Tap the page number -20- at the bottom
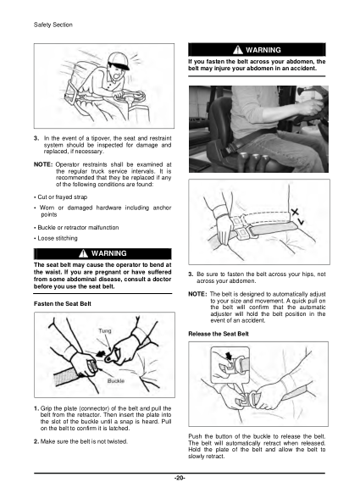tap(180, 479)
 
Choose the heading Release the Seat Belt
tap(218, 333)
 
